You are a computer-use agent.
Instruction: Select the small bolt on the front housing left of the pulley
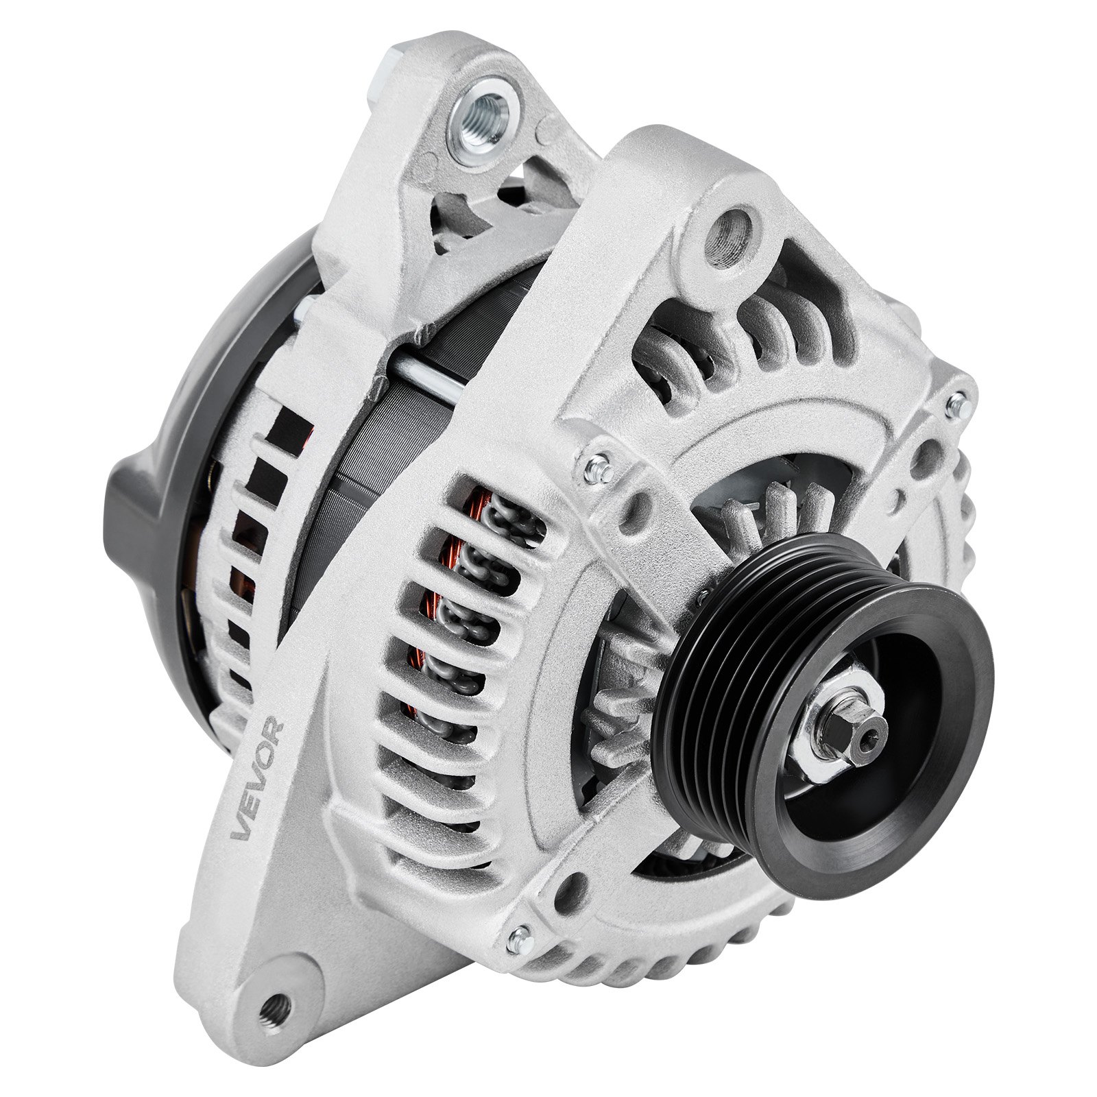[599, 469]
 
